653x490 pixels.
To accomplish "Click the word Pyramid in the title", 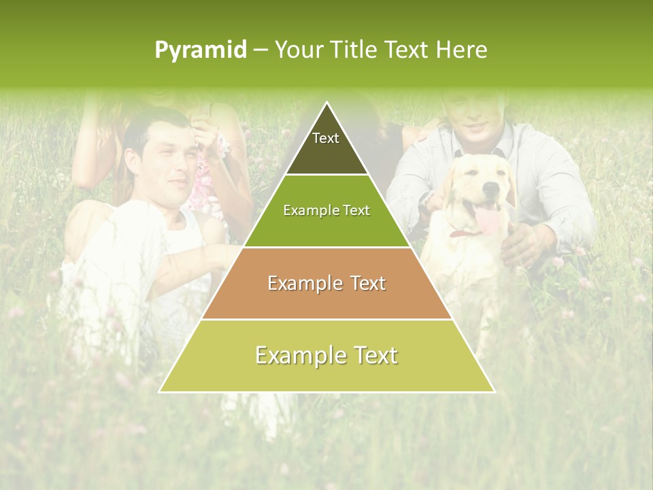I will coord(201,50).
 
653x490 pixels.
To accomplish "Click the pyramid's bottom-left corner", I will coord(161,391).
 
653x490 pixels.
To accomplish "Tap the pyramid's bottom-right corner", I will coord(494,391).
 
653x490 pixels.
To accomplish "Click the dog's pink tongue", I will coord(486,220).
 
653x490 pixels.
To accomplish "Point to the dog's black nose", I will coord(488,186).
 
